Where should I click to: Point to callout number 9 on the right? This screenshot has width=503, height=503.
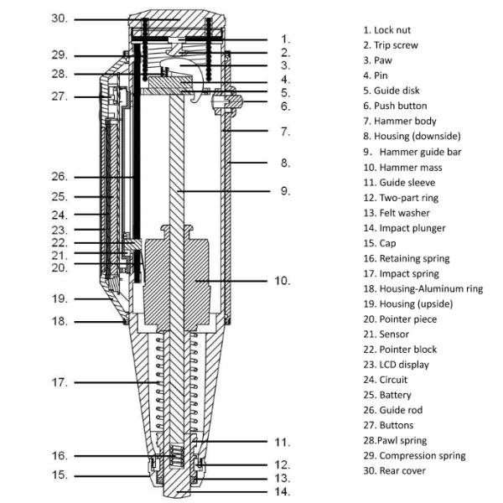pyautogui.click(x=285, y=191)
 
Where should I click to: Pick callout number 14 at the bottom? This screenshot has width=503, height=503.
pyautogui.click(x=284, y=491)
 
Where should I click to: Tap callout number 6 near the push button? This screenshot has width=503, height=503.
pyautogui.click(x=285, y=106)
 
